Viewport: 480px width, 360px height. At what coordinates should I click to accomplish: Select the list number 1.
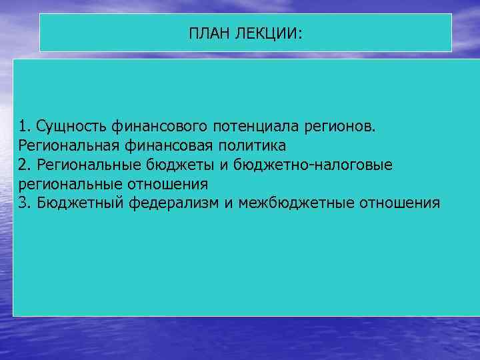[x=25, y=126]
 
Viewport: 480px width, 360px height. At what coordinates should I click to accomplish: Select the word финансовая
[x=166, y=145]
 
